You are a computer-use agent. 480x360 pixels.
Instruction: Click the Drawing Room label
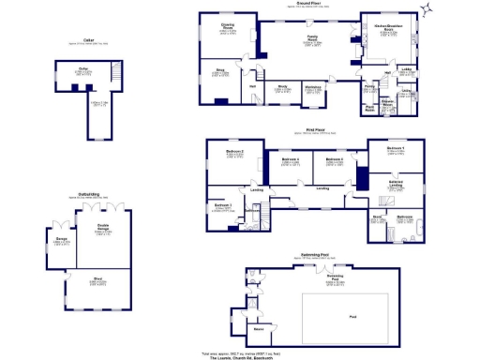227,27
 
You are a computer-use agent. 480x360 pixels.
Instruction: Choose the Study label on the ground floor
280,88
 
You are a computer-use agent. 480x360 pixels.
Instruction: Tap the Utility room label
407,92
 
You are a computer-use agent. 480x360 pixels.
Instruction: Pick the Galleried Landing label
396,183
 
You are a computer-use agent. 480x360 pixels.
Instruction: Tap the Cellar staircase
116,73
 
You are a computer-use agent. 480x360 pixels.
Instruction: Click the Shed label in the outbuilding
97,278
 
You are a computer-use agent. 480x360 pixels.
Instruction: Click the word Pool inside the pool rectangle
352,316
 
